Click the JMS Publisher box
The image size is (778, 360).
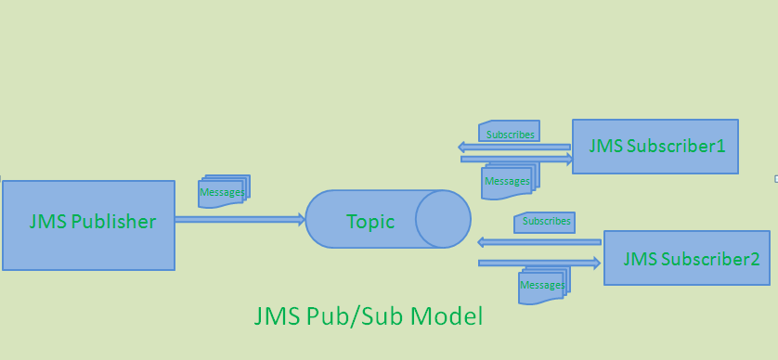88,225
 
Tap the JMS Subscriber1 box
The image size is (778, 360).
655,146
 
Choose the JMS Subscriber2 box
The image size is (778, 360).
690,257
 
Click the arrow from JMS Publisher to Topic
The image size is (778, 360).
240,220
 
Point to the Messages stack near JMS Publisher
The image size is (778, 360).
224,191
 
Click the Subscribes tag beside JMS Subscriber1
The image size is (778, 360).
509,132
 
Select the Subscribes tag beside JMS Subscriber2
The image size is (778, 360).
544,222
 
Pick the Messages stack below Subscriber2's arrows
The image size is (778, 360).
543,282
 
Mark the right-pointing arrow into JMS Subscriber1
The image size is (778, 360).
516,159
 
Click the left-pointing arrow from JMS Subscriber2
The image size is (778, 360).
538,242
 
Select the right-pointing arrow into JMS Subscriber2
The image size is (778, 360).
538,264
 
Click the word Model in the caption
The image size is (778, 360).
448,316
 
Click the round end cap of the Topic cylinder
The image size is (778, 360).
443,219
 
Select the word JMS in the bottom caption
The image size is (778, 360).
276,316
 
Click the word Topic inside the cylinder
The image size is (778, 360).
370,222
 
